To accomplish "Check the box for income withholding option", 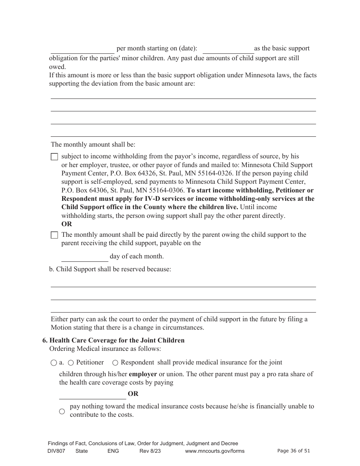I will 55,157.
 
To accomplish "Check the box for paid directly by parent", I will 55,235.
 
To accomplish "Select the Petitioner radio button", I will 71,363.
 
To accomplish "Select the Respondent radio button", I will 115,363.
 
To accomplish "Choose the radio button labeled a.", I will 53,363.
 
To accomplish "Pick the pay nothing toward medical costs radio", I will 62,411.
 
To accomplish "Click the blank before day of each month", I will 85,257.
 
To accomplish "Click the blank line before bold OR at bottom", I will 92,394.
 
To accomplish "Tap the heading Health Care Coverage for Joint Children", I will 117,340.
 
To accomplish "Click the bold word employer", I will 143,374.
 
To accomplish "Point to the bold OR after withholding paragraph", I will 67,224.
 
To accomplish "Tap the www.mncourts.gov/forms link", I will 214,451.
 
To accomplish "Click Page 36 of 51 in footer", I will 294,450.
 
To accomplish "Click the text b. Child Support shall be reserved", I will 110,269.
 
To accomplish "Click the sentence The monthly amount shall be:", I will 93,144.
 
